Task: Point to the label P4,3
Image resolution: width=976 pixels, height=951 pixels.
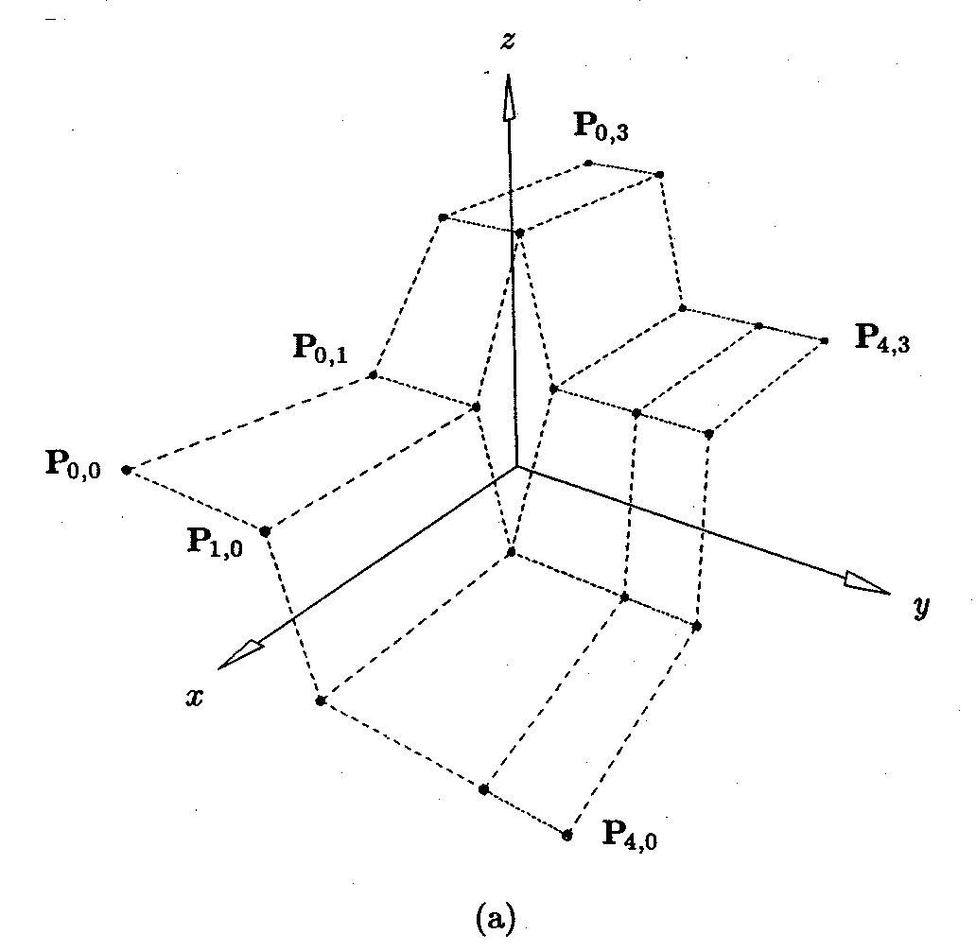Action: (884, 338)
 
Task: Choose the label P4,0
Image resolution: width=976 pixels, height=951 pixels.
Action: (631, 834)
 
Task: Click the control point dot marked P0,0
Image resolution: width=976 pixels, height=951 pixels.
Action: (127, 470)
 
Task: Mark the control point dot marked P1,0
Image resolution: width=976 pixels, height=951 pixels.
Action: (266, 531)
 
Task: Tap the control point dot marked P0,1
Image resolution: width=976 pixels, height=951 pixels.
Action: (374, 375)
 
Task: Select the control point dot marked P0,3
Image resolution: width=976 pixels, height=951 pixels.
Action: (588, 163)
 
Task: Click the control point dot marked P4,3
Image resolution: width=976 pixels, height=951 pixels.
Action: (825, 340)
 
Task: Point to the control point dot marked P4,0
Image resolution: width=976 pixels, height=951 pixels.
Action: (567, 835)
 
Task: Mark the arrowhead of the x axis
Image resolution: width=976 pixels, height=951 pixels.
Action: (240, 653)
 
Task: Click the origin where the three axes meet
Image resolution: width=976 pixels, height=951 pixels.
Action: (515, 467)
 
